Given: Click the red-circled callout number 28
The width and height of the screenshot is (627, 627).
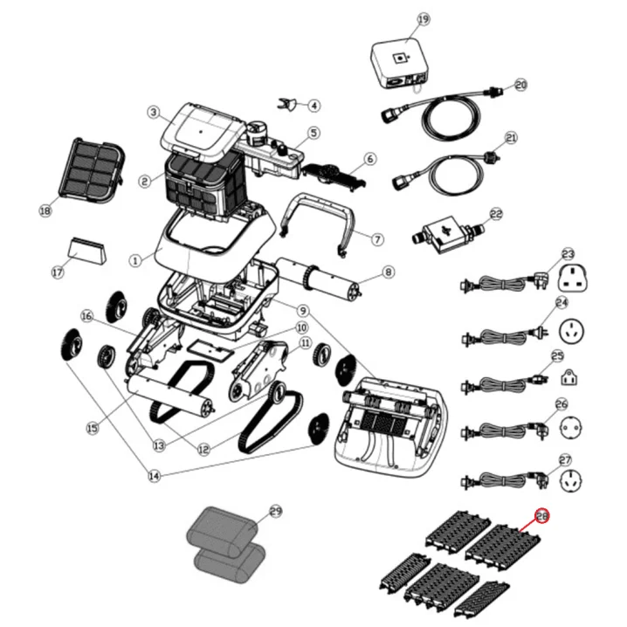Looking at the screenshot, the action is (542, 516).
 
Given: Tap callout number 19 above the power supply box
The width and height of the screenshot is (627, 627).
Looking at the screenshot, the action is (423, 19).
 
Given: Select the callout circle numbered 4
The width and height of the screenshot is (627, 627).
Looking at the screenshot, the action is (313, 106).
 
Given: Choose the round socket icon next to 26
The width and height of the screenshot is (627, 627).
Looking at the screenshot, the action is (570, 428).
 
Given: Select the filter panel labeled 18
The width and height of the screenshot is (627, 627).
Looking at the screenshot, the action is (92, 171).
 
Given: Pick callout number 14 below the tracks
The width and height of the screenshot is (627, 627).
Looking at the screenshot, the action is (154, 476).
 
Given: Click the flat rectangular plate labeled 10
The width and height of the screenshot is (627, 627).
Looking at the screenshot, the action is (210, 352).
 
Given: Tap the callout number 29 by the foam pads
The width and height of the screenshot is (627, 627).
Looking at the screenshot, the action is (275, 512).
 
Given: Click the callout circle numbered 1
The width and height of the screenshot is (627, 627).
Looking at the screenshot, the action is (135, 261).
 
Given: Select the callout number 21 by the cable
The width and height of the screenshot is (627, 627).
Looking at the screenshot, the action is (512, 138).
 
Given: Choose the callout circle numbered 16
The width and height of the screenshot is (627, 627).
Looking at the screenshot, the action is (86, 316).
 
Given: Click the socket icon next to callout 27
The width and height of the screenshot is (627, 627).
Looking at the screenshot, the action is (570, 480).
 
